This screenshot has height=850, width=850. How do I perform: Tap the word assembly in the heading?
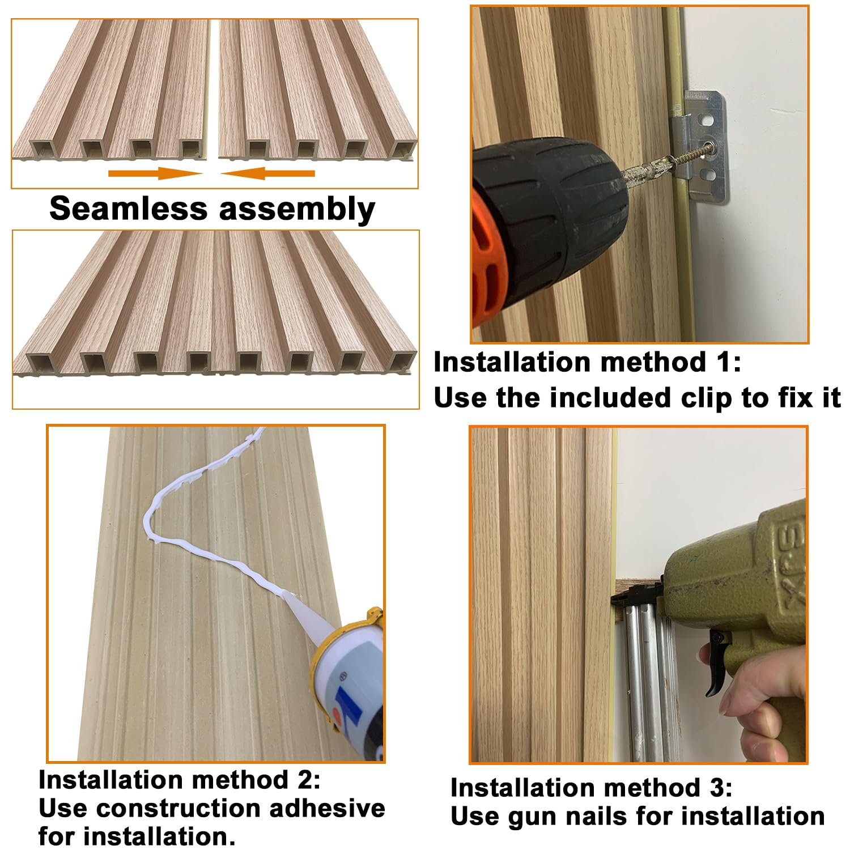click(x=297, y=210)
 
